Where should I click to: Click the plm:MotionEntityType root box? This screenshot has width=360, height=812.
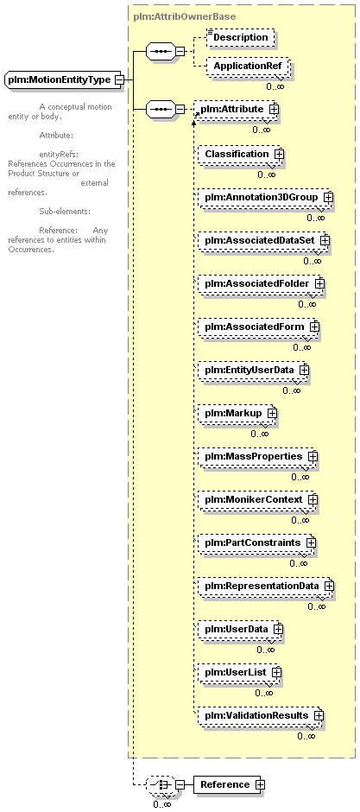tap(65, 80)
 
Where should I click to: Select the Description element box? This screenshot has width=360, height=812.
tap(240, 37)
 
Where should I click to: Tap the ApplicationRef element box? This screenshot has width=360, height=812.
tap(247, 67)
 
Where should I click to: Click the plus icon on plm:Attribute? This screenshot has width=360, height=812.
tap(273, 109)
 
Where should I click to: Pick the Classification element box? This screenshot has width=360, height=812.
tap(241, 155)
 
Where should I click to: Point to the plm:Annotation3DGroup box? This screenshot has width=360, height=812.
tap(265, 197)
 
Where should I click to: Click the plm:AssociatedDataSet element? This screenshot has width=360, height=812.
tap(264, 241)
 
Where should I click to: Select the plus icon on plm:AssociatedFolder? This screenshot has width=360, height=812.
tap(319, 284)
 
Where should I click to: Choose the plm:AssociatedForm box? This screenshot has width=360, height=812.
tap(259, 327)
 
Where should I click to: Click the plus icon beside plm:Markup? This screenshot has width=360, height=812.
tap(272, 413)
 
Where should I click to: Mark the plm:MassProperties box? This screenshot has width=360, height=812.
tap(257, 457)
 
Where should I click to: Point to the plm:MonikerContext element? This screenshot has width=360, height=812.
tap(257, 500)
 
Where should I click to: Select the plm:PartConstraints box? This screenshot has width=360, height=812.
tap(257, 542)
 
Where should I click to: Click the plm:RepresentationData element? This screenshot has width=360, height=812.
tap(266, 587)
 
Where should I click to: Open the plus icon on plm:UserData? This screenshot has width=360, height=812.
tap(278, 629)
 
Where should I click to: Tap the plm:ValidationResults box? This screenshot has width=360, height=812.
tap(261, 715)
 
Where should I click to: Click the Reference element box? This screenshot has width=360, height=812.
tap(229, 784)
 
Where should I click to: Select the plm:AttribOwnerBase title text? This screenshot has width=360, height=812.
tap(185, 16)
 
